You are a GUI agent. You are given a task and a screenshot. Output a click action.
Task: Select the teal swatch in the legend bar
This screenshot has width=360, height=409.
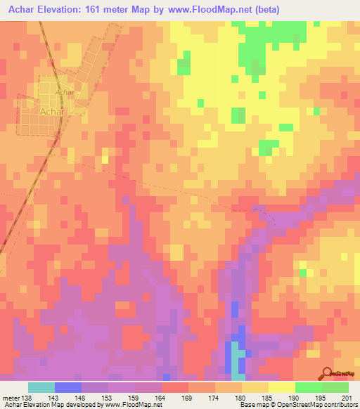(x=41, y=387)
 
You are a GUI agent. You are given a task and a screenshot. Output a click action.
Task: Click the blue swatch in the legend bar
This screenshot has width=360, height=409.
(x=68, y=387)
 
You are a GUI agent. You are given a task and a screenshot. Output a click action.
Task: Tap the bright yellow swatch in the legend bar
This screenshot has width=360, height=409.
(x=281, y=387)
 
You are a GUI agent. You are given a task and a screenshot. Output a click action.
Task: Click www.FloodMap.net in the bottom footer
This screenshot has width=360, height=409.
(x=132, y=405)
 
